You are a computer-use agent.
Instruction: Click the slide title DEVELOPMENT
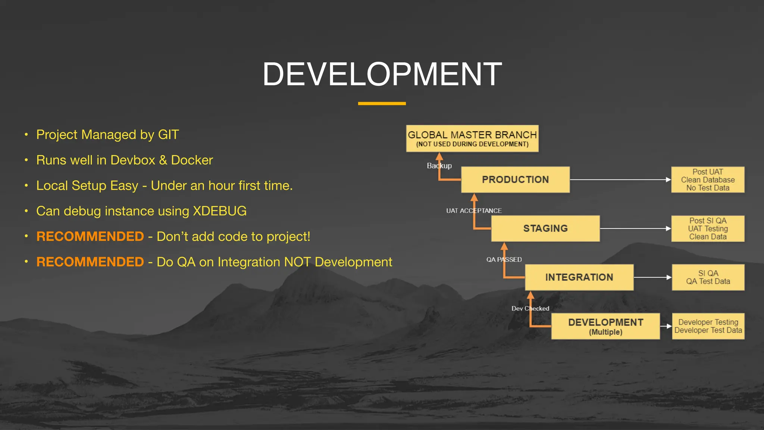point(382,74)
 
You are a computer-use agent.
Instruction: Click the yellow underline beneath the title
point(382,103)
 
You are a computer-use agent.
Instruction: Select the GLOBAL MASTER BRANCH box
point(472,138)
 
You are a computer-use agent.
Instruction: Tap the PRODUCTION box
point(515,180)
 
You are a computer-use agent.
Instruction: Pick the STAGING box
point(545,228)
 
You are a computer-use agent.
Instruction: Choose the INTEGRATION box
point(579,277)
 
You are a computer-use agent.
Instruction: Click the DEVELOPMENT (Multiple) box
point(605,326)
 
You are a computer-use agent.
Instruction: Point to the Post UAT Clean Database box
point(708,180)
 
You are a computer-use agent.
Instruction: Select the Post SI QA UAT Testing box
point(708,228)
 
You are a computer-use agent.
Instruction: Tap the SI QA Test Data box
point(708,277)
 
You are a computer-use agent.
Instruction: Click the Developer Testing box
point(708,326)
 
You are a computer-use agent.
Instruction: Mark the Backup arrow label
point(439,166)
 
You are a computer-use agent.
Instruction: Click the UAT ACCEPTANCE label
point(474,211)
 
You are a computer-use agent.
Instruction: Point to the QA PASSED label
point(504,259)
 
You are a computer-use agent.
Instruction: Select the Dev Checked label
point(530,308)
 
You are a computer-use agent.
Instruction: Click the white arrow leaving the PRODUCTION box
point(619,180)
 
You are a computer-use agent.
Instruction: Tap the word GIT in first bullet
point(168,135)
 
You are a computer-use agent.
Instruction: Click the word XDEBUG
point(219,211)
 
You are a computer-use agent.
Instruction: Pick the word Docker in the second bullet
point(192,160)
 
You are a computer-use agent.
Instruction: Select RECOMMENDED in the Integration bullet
point(90,262)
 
